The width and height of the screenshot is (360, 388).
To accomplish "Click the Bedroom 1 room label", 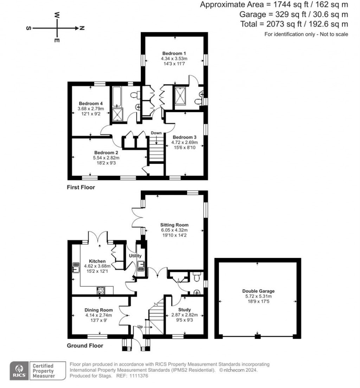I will pos(174,53).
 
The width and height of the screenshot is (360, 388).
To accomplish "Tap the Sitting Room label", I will pos(174,225).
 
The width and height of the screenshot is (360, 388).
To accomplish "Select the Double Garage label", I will pos(258,291).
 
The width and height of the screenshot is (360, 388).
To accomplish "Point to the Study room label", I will pos(184,310).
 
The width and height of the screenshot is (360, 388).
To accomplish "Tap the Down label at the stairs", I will pos(156,133).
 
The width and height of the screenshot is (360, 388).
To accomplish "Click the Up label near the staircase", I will pos(140,326).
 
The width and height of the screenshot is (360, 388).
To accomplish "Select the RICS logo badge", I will pos(18,371).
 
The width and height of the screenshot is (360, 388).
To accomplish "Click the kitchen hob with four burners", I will pos(100,290).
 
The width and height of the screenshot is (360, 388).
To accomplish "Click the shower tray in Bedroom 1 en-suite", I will pos(181,96).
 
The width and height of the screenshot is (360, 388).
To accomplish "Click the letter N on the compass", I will pos(81,28).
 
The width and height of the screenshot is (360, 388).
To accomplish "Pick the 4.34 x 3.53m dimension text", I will pos(174,58).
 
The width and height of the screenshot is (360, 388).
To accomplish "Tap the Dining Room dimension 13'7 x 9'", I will pos(98,321).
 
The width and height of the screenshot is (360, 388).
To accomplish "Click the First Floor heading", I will pos(81,187).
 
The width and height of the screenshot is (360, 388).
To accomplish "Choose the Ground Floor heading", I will pos(85,345).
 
